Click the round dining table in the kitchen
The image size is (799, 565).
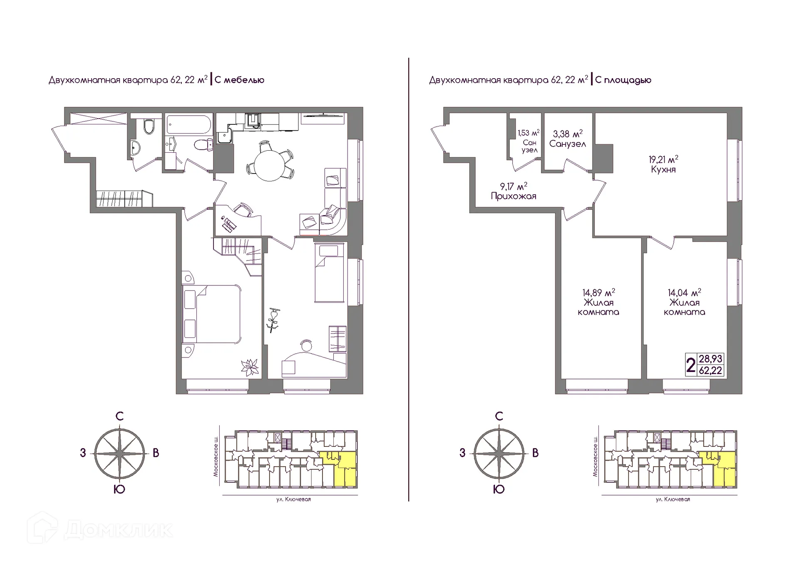click(270, 165)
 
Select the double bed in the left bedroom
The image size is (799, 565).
click(211, 314)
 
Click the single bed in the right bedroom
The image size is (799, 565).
click(329, 273)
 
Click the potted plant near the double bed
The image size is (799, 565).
click(250, 367)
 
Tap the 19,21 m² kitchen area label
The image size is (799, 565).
click(663, 164)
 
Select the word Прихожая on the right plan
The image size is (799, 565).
click(514, 196)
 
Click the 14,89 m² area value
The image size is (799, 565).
click(598, 292)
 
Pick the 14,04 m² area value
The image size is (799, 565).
click(685, 292)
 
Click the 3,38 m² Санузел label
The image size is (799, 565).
click(568, 139)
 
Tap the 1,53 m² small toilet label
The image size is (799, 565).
click(529, 141)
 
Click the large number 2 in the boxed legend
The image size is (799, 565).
click(691, 365)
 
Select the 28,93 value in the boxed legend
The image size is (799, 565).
click(711, 359)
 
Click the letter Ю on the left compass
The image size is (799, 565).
click(119, 489)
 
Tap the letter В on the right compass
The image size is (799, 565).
click(535, 453)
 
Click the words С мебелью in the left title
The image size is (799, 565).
click(240, 80)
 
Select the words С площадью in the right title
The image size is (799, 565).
click(623, 80)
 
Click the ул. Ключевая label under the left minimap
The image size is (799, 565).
click(293, 499)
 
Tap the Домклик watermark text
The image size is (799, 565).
click(119, 530)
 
